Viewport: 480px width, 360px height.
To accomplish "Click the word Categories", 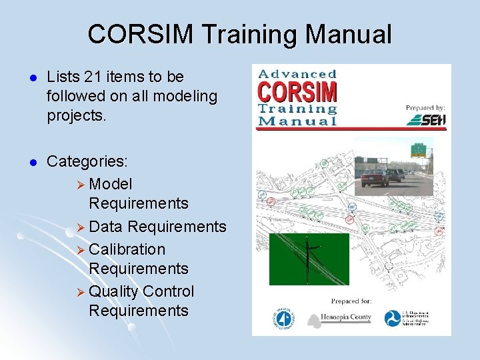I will (x=87, y=162).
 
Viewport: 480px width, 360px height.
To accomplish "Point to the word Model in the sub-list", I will (x=111, y=183).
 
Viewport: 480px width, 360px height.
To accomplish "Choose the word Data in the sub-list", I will (x=106, y=227).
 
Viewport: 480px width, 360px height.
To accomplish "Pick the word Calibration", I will (x=127, y=249).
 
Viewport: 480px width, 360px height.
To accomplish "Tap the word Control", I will (x=169, y=291).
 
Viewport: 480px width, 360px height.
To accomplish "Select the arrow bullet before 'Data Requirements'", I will (x=81, y=227).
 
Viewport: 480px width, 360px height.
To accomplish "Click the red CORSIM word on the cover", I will (x=297, y=91).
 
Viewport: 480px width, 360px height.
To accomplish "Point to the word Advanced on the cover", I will (x=297, y=74).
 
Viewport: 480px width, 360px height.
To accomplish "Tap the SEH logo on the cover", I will (x=426, y=119).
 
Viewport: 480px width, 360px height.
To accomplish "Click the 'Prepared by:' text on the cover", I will (x=425, y=107).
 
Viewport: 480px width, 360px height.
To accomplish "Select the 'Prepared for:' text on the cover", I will (x=351, y=301).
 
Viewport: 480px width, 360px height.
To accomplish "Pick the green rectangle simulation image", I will (x=309, y=259).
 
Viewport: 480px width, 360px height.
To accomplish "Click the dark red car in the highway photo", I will (x=375, y=177).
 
